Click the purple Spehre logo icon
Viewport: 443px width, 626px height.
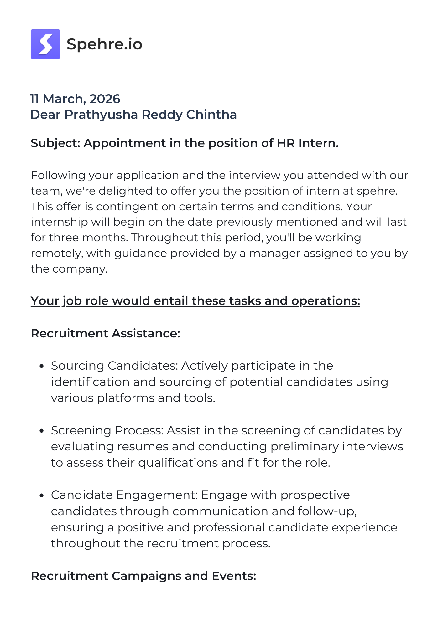pyautogui.click(x=45, y=44)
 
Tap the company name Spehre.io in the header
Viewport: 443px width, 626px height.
pyautogui.click(x=104, y=44)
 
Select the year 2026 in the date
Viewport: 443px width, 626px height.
pyautogui.click(x=105, y=99)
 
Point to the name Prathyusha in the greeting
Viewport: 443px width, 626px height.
pyautogui.click(x=101, y=115)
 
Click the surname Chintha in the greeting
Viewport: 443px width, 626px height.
pyautogui.click(x=211, y=115)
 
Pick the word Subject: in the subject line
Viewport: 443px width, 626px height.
pyautogui.click(x=56, y=143)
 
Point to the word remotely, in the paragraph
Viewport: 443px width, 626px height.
pyautogui.click(x=57, y=253)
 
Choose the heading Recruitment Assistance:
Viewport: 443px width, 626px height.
pyautogui.click(x=106, y=333)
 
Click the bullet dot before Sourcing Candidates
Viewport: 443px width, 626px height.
pyautogui.click(x=41, y=366)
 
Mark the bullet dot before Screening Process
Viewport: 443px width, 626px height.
pyautogui.click(x=41, y=431)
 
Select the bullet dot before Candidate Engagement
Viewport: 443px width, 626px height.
pyautogui.click(x=41, y=495)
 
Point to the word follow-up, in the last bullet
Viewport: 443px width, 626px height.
pyautogui.click(x=327, y=511)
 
